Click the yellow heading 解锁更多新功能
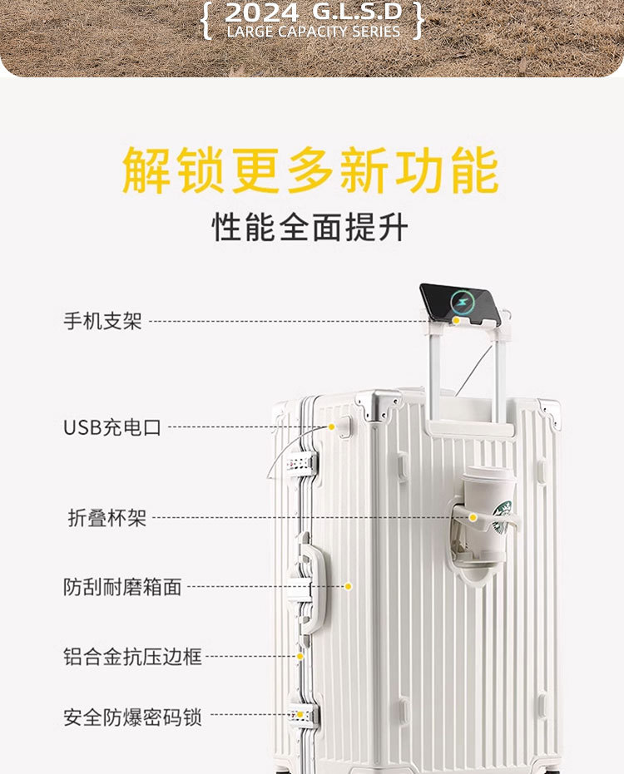point(310,170)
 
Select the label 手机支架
point(103,321)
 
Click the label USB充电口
point(112,427)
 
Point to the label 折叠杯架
point(107,518)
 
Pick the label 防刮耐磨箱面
point(122,587)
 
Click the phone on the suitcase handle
point(460,303)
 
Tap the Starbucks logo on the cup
point(503,515)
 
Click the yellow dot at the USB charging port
point(331,426)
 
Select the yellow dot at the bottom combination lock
point(300,714)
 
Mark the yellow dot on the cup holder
point(472,517)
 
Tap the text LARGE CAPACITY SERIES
point(313,32)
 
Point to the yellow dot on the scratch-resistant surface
point(349,586)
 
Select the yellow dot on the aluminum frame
point(300,656)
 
